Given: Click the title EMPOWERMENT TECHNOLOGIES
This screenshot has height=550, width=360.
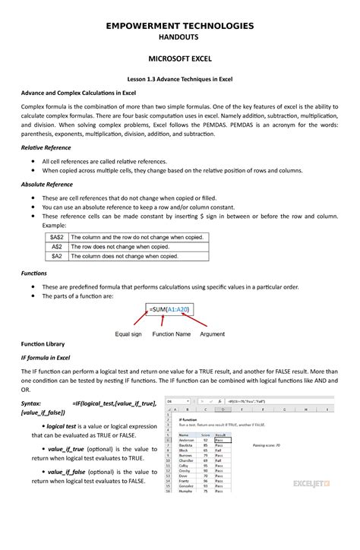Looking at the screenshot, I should pyautogui.click(x=179, y=27).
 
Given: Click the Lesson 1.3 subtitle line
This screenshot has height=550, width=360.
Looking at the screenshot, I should pyautogui.click(x=179, y=80).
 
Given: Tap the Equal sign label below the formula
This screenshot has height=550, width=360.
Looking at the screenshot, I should pyautogui.click(x=128, y=334).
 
